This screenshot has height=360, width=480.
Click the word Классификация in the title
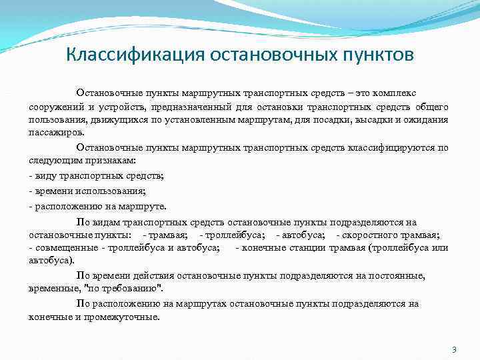(125, 53)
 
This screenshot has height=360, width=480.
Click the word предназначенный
(197, 107)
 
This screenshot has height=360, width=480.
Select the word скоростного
(374, 235)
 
